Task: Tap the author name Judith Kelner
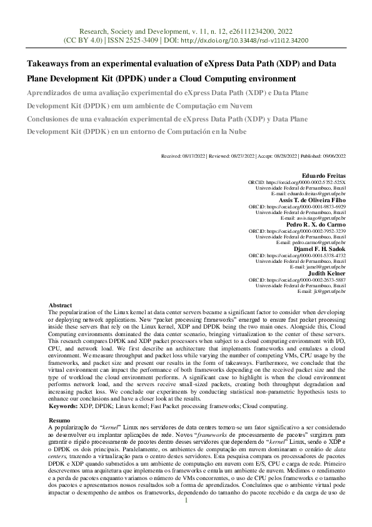(328, 272)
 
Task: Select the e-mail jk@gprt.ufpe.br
(330, 291)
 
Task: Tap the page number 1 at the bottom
(186, 518)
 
